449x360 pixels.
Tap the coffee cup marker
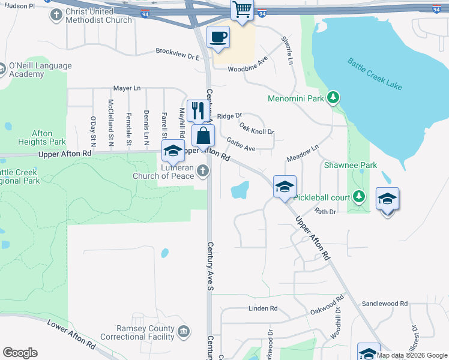pyautogui.click(x=218, y=37)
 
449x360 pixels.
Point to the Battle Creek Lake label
pyautogui.click(x=375, y=74)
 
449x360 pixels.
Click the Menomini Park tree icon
pyautogui.click(x=333, y=97)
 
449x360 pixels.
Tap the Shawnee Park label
pyautogui.click(x=350, y=165)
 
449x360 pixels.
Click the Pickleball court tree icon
pyautogui.click(x=358, y=196)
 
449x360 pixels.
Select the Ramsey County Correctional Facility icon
pyautogui.click(x=184, y=331)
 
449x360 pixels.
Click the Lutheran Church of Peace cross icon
pyautogui.click(x=203, y=172)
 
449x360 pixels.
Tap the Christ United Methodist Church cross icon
pyautogui.click(x=57, y=16)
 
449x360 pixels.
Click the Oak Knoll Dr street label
pyautogui.click(x=256, y=128)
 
